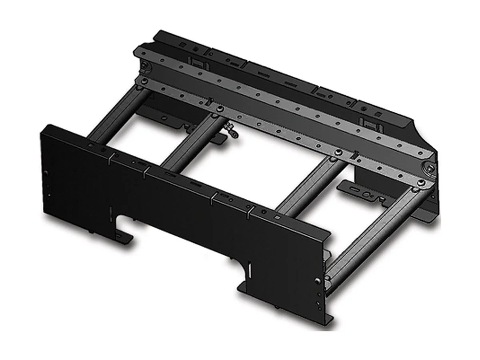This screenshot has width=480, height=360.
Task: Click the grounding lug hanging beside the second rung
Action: pos(232,132)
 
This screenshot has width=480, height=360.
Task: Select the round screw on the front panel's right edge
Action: pos(317,280)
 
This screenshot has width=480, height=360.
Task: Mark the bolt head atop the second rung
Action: pos(219,109)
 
